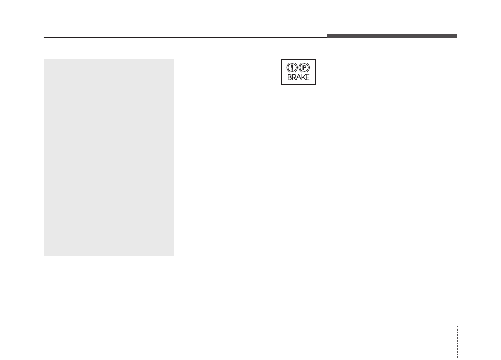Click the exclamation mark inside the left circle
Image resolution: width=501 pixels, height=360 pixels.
point(292,67)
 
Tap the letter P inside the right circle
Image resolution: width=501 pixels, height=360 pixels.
point(305,68)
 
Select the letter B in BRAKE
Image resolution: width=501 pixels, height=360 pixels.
point(289,77)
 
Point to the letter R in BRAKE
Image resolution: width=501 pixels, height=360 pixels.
point(294,77)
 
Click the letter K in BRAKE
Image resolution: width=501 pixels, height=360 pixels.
point(303,77)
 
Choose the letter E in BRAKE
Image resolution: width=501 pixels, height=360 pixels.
point(307,77)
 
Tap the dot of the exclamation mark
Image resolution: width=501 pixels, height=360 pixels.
point(292,70)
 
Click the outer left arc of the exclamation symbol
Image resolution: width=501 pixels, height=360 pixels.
point(287,67)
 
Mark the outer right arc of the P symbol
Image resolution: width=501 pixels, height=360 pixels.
point(309,67)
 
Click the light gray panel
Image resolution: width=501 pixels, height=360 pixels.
point(109,158)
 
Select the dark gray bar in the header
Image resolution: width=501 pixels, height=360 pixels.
point(392,36)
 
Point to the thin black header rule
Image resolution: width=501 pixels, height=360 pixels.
point(185,37)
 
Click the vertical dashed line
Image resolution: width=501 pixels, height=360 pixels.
point(457,343)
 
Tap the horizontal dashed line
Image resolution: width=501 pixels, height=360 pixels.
point(249,326)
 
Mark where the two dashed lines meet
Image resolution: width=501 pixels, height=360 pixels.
point(457,326)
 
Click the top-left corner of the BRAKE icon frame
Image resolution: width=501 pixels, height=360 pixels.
point(281,59)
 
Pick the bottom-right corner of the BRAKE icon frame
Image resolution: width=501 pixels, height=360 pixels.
point(316,85)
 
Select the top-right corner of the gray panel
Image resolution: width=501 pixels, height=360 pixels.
point(174,59)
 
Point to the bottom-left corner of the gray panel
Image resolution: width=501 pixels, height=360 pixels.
point(44,256)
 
